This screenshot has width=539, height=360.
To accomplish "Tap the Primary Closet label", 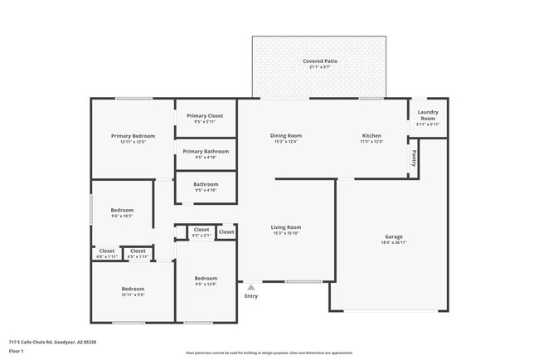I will coord(205,116).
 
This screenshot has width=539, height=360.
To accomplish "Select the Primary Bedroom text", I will coord(133,135).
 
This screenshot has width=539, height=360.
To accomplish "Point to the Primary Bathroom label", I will coord(205,151).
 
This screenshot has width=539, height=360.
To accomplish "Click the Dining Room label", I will coord(285,135).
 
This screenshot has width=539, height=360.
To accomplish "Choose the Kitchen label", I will coord(371,135).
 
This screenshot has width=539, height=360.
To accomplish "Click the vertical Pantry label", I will coord(412,158).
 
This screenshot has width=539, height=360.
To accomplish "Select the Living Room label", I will coord(285,227).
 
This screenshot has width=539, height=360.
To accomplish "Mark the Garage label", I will coord(393,236).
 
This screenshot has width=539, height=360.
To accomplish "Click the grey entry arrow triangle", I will coord(250,288).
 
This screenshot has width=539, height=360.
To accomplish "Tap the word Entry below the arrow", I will coord(250,296).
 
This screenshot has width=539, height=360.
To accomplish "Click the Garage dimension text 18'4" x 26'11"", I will coord(393,243).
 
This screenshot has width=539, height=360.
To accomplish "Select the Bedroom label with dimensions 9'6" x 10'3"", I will coord(122,211).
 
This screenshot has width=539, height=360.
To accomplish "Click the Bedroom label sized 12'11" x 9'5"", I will coord(133,288).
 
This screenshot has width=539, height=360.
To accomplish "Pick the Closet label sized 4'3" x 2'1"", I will coord(202,230).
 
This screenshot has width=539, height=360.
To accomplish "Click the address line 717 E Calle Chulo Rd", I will coord(52,342).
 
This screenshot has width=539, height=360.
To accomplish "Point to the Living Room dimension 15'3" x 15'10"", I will coord(285,234).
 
